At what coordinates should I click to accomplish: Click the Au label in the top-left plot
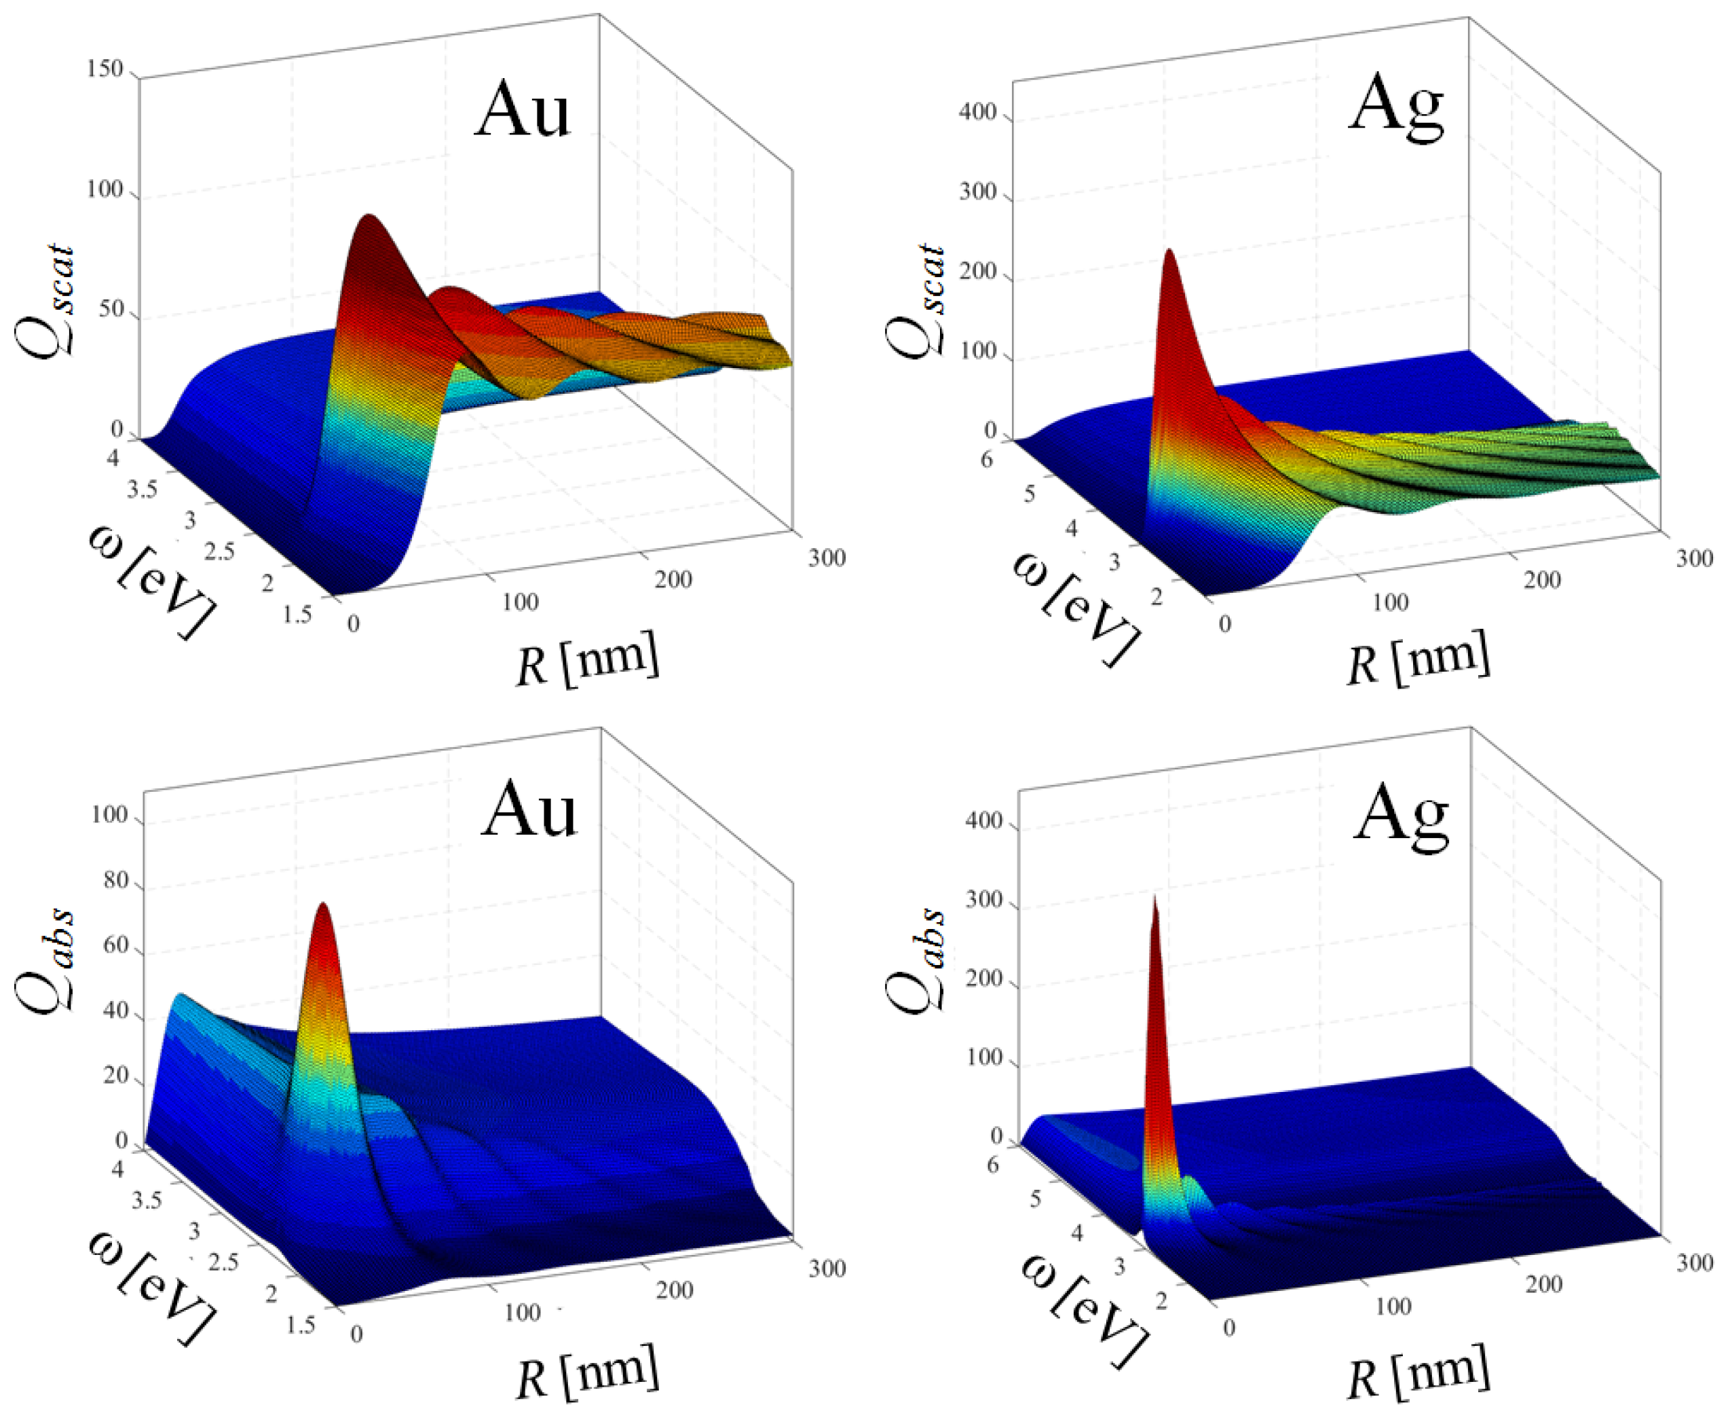pyautogui.click(x=522, y=111)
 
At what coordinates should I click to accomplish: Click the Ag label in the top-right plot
pyautogui.click(x=1395, y=109)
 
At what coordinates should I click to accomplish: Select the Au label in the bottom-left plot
pyautogui.click(x=528, y=809)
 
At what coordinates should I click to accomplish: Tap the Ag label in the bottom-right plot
pyautogui.click(x=1401, y=816)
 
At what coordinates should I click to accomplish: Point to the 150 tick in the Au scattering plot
pyautogui.click(x=105, y=69)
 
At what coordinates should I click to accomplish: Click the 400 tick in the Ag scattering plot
pyautogui.click(x=978, y=112)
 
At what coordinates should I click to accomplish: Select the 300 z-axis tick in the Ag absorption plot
pyautogui.click(x=983, y=900)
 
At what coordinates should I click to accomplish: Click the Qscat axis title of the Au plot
pyautogui.click(x=45, y=299)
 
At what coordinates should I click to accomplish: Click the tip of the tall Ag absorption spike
pyautogui.click(x=1154, y=900)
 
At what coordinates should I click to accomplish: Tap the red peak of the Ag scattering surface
pyautogui.click(x=1169, y=253)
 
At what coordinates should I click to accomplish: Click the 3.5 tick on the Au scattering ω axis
pyautogui.click(x=143, y=490)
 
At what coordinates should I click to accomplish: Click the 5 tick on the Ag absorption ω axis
pyautogui.click(x=1035, y=1199)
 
